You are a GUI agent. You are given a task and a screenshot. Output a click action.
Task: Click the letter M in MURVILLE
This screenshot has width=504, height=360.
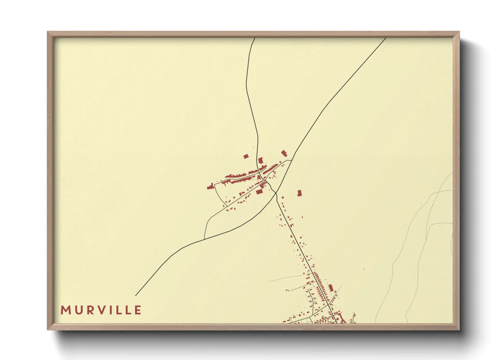(65, 310)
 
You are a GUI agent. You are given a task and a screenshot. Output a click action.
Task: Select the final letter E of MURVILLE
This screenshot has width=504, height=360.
(138, 310)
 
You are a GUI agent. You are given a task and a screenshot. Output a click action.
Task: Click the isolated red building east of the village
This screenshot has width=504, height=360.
(299, 193)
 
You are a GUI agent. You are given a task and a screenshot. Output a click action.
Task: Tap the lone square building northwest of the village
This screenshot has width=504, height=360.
(246, 157)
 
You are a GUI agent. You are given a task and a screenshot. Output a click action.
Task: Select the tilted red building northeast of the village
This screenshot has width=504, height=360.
(284, 153)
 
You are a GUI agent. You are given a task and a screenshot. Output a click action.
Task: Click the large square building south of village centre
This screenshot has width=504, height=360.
(259, 192)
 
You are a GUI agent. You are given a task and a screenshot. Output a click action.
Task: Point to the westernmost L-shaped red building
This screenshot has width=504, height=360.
(210, 186)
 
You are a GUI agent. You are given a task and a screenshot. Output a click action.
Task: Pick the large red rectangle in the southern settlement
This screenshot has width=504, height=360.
(331, 288)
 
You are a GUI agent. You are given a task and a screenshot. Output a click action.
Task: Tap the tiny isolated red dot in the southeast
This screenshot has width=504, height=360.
(364, 269)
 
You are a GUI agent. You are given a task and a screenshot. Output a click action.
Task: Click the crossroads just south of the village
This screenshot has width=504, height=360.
(275, 193)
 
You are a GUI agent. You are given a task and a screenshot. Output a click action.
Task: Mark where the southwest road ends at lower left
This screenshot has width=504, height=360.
(136, 296)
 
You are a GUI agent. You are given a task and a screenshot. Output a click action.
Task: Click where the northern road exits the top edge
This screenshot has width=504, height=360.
(254, 38)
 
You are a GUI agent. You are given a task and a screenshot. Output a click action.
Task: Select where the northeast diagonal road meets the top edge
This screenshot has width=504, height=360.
(385, 38)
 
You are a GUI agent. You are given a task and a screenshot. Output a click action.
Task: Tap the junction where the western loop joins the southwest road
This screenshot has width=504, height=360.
(204, 239)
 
